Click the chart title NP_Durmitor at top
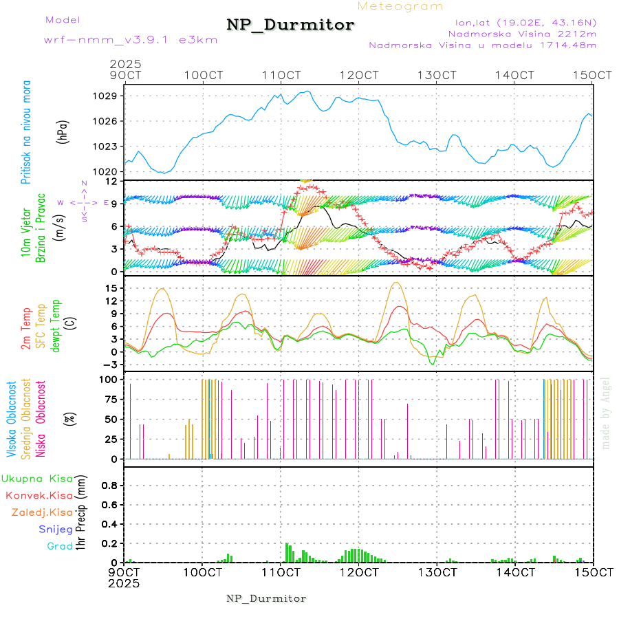tap(290, 25)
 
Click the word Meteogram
tap(401, 6)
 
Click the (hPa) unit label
tap(64, 131)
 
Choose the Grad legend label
tap(59, 547)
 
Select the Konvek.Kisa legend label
tap(39, 495)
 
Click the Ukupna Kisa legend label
tap(37, 478)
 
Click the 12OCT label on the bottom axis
tap(358, 572)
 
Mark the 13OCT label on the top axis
tap(437, 74)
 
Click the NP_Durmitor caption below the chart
tap(266, 598)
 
